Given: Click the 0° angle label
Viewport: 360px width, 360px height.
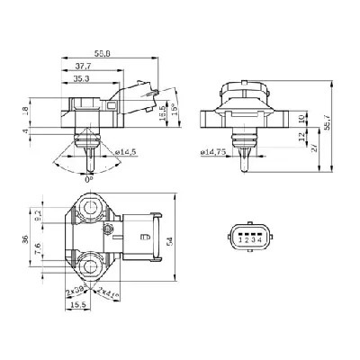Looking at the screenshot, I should coord(88,178).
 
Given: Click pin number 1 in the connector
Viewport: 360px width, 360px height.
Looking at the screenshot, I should coord(234,239).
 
